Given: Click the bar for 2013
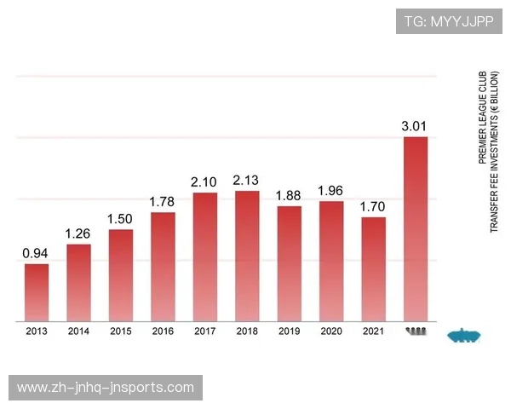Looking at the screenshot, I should point(36,292).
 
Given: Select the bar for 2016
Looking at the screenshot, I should point(163,267).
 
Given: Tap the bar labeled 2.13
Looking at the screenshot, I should point(246,256).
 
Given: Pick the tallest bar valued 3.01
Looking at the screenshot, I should point(415,228).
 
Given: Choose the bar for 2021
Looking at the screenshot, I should point(373,269).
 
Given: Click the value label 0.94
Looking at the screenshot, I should point(36,253).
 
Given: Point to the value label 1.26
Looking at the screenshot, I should point(78,233).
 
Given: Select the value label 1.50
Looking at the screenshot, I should point(120,219).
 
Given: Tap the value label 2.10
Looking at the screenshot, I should point(204,181).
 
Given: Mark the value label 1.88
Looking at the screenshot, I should point(289,196).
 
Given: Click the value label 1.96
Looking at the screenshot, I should point(330,190).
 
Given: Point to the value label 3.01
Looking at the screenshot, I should point(415,126).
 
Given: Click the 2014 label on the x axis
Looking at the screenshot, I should point(78,331).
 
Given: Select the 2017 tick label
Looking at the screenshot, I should point(204,331).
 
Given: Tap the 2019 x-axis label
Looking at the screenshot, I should point(289,331).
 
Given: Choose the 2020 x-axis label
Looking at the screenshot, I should point(330,331).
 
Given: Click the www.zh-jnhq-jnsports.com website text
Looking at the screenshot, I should point(106,388).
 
